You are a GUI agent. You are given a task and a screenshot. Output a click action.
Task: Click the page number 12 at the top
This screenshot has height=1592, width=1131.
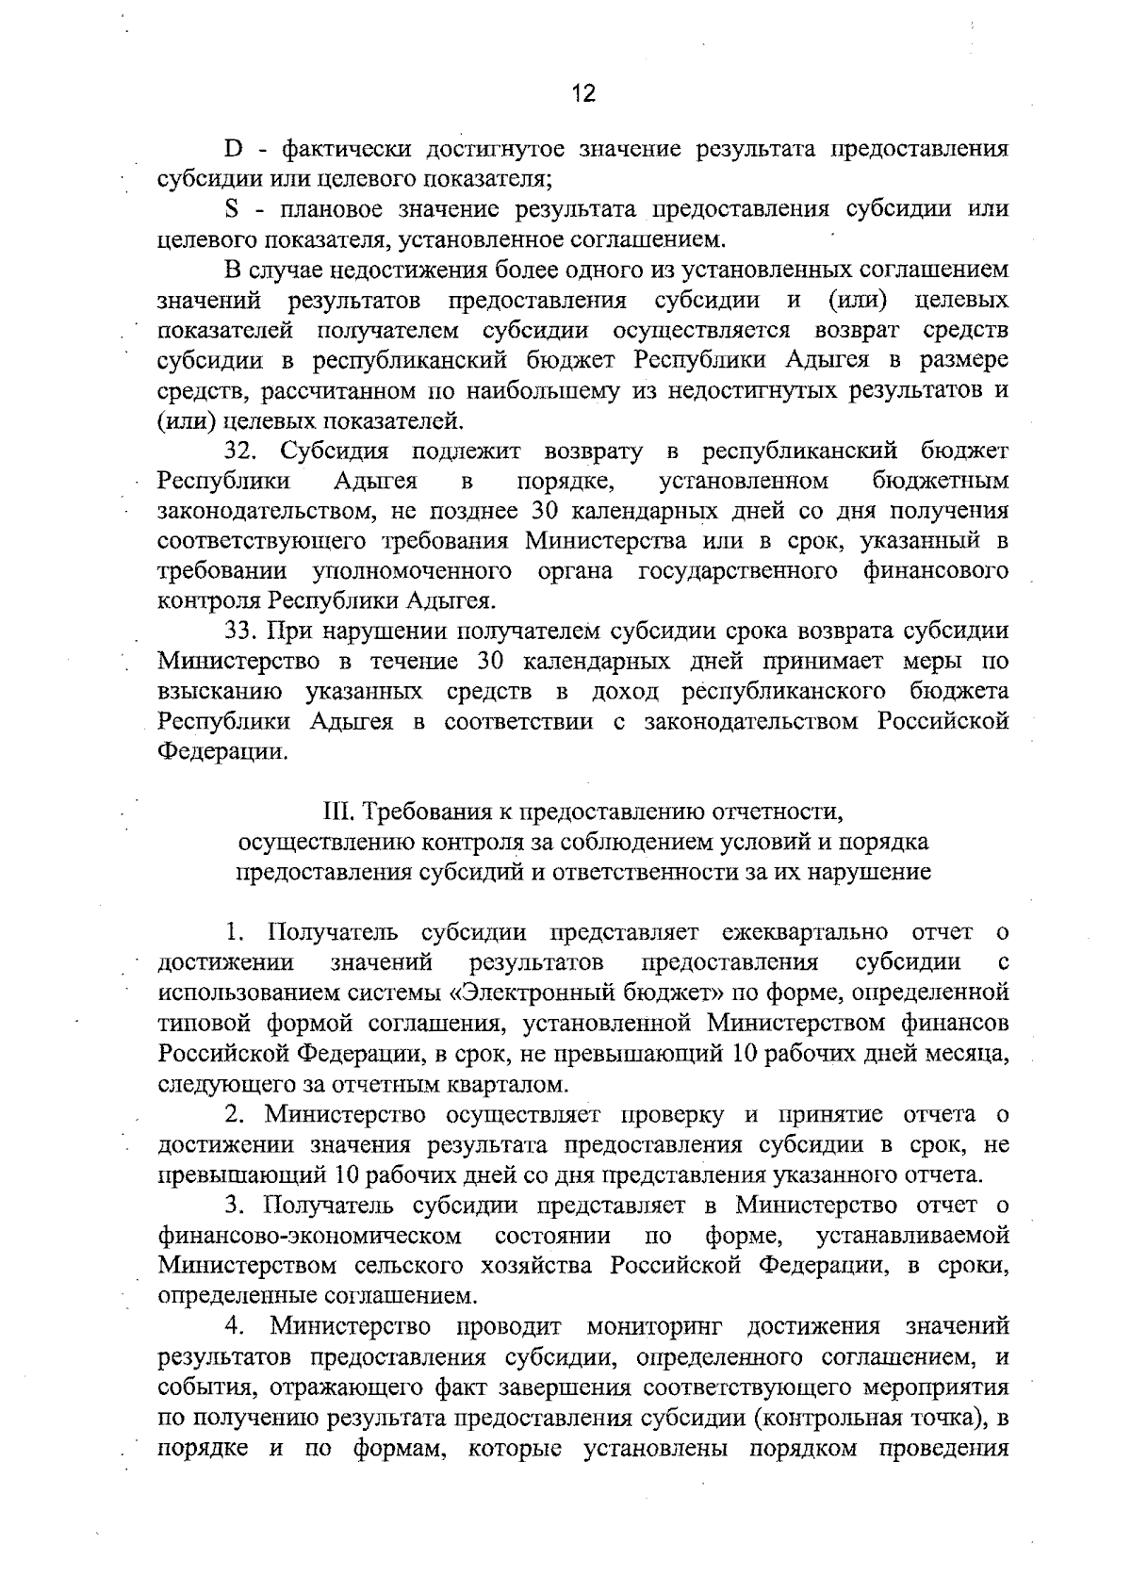click(583, 93)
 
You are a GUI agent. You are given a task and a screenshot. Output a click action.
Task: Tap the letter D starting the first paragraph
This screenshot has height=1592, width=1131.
click(233, 149)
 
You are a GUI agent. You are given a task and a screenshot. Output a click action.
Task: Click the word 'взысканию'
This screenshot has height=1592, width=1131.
click(220, 692)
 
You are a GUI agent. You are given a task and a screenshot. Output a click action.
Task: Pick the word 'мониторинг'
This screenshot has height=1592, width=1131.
click(654, 1327)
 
